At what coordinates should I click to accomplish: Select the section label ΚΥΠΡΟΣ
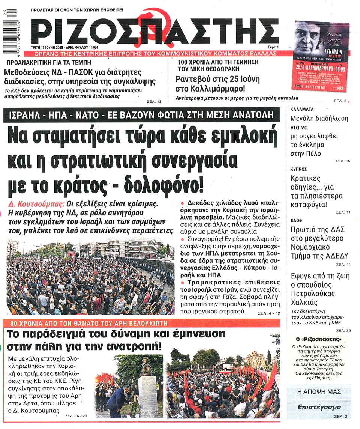(299, 169)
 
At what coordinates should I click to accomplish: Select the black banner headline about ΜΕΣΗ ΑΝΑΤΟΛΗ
(141, 115)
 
